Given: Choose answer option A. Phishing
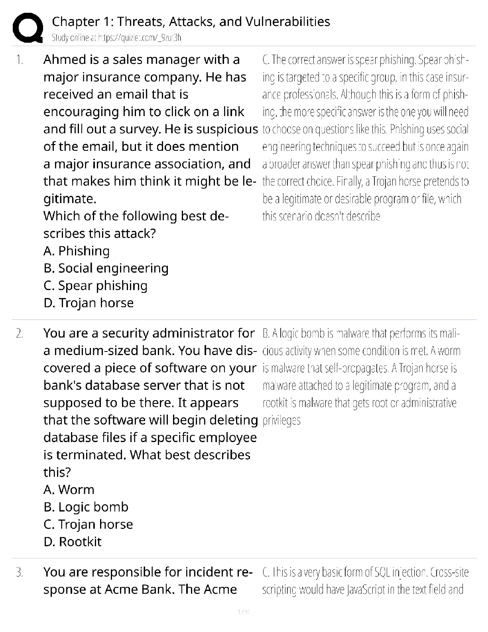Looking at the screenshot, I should (77, 251).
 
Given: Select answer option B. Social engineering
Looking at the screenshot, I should (106, 268).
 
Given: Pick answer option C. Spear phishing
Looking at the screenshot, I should (95, 286).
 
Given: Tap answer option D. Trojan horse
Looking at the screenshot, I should (89, 303).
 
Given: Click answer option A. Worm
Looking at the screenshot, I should (69, 490).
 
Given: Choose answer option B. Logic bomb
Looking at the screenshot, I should (86, 507).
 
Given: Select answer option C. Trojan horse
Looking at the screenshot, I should (88, 524).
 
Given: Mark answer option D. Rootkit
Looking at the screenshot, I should (73, 542).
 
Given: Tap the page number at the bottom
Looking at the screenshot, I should (244, 612).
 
